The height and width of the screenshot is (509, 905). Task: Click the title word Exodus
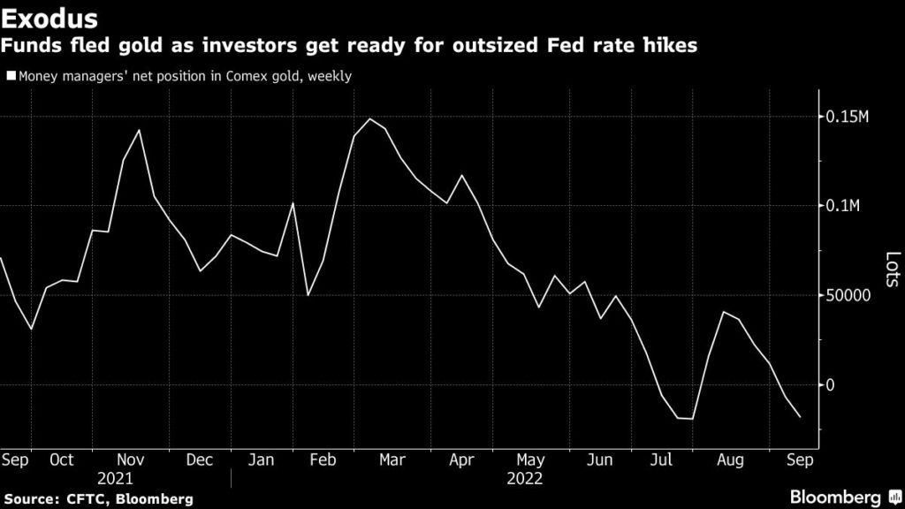[x=49, y=19]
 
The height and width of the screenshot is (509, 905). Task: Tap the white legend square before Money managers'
[x=11, y=77]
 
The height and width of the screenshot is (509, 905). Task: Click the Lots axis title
[x=894, y=269]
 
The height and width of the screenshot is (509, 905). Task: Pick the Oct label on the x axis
[x=63, y=460]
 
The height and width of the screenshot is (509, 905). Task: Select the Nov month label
[x=131, y=460]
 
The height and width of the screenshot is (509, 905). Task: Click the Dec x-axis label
[x=200, y=460]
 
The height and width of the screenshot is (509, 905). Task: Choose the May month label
[x=530, y=460]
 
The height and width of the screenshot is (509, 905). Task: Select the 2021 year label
[x=115, y=478]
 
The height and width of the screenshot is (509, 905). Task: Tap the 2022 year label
[x=524, y=478]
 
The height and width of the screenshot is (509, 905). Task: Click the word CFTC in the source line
[x=92, y=499]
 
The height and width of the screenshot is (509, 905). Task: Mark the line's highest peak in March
[x=369, y=118]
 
